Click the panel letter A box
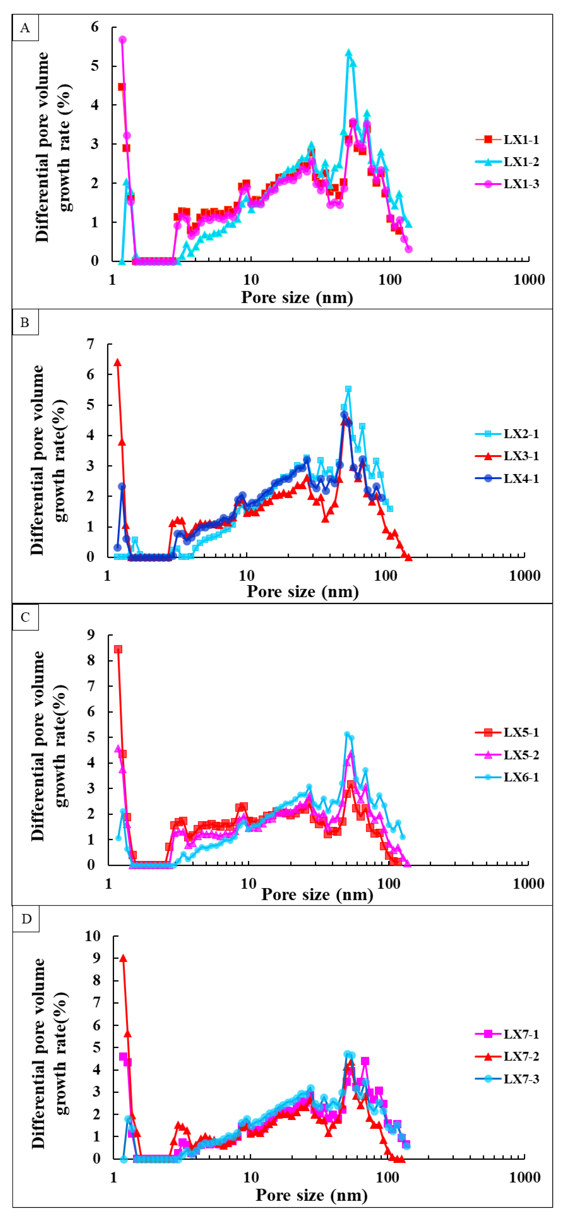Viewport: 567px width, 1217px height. (25, 28)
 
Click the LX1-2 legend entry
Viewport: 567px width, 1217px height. (507, 162)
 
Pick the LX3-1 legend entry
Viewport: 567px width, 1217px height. (507, 456)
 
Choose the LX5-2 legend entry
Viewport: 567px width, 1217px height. (507, 755)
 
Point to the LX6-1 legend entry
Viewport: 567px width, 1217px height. (507, 777)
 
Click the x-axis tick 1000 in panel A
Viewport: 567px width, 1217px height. (529, 280)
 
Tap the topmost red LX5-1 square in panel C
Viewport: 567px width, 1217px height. (118, 649)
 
